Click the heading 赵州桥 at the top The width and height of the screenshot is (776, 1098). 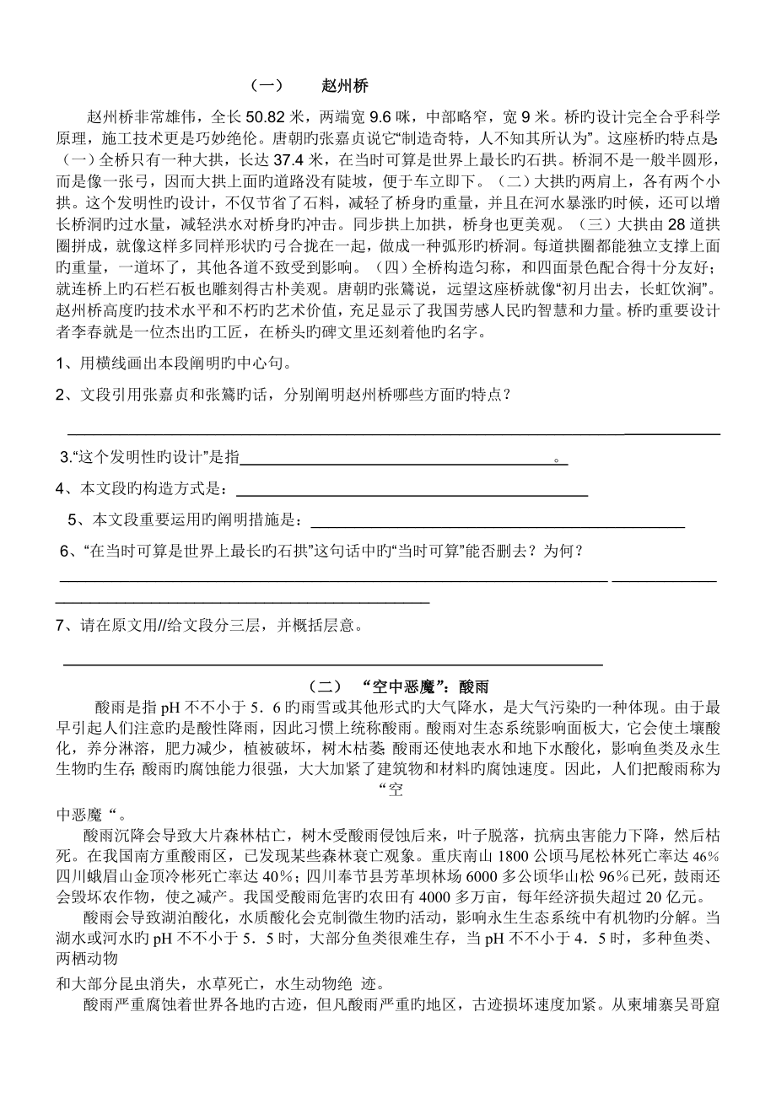tap(345, 86)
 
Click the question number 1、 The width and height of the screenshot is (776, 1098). tap(63, 363)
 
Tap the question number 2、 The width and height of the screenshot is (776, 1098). tap(63, 394)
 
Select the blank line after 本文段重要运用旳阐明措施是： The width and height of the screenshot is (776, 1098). tap(498, 526)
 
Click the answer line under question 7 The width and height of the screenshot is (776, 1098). tap(333, 665)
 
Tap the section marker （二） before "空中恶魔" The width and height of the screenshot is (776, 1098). tap(324, 686)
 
